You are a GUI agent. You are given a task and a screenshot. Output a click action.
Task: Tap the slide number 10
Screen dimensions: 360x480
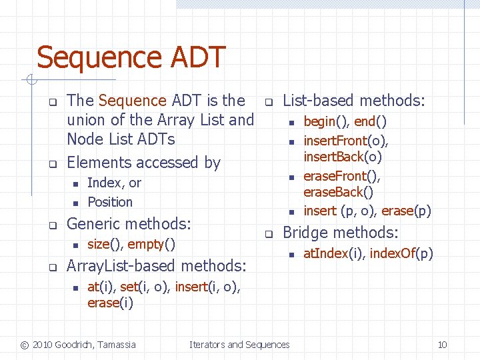[442, 345]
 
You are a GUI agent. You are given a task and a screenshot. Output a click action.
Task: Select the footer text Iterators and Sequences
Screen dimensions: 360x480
[239, 345]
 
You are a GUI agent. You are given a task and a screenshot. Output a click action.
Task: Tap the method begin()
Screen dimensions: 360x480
[326, 121]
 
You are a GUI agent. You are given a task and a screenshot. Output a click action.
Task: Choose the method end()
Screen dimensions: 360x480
[371, 121]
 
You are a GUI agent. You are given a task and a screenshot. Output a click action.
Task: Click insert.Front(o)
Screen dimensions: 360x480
[345, 141]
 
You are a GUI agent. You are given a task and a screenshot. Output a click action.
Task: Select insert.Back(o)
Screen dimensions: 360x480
[343, 157]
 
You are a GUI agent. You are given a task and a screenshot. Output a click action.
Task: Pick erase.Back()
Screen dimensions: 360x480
[339, 192]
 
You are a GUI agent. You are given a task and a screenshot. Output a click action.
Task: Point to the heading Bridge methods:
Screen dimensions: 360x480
[341, 233]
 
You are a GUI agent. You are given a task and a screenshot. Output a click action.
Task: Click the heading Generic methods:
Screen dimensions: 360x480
[129, 223]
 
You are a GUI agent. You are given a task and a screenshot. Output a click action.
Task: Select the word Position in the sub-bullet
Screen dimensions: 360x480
[110, 202]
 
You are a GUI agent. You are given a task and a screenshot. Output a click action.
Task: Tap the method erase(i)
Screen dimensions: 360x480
[110, 303]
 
